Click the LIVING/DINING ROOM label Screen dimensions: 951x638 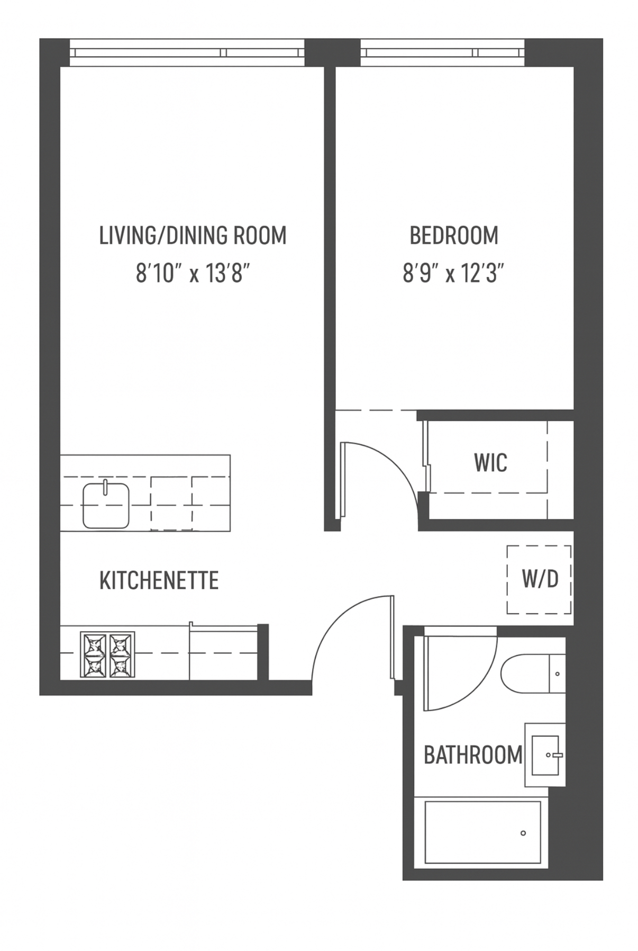193,235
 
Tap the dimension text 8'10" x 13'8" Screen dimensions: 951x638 193,274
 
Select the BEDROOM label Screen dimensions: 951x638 453,235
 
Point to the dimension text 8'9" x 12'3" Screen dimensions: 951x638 453,274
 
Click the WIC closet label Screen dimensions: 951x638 490,462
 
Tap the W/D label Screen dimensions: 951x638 540,579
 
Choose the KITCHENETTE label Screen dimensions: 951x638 159,580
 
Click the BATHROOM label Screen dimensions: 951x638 473,755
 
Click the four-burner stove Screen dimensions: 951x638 107,654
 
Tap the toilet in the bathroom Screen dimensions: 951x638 526,674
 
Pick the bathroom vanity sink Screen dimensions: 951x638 545,755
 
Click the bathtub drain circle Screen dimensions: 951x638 523,833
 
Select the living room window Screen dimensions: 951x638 187,53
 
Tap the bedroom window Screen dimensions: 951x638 442,53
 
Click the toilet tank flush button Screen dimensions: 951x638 557,674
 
